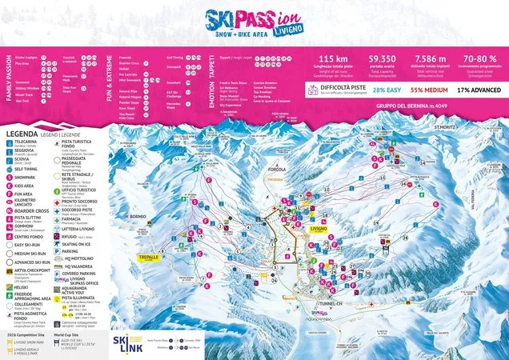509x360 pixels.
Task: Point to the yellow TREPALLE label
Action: coord(150,258)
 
